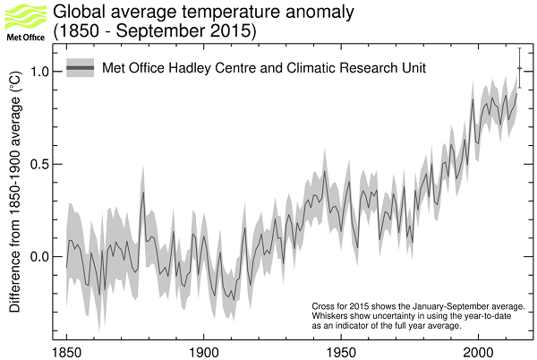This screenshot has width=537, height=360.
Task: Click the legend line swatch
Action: pos(81,68)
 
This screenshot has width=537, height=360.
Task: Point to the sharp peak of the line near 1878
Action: pos(142,193)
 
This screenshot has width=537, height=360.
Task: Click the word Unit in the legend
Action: pos(412,68)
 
